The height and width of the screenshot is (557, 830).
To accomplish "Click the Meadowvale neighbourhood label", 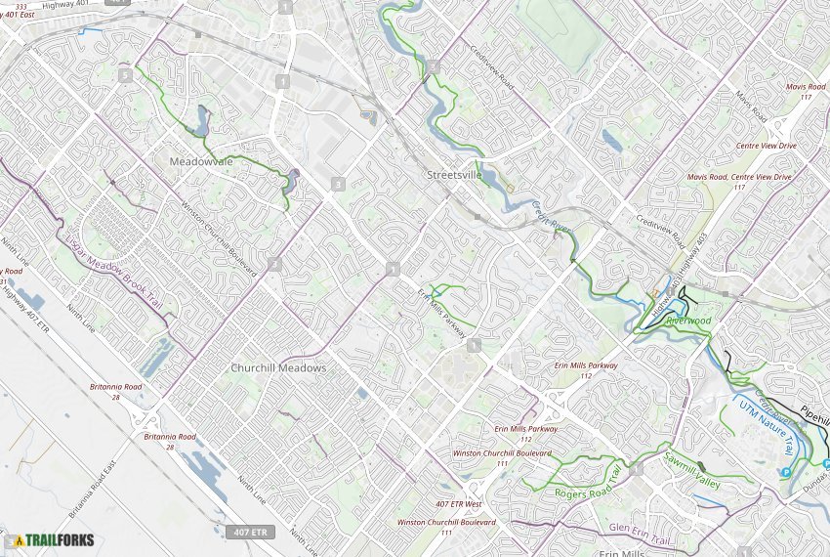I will pos(202,161).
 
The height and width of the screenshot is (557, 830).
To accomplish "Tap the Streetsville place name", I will pos(455,176).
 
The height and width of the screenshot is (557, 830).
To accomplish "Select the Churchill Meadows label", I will pos(278,368).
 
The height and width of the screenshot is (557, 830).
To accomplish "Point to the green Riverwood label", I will pos(688,321).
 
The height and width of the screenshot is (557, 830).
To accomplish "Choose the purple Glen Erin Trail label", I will pos(642,529).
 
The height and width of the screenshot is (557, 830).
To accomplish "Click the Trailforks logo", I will pos(55,539).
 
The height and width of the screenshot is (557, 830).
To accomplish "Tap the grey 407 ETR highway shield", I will pos(249,533).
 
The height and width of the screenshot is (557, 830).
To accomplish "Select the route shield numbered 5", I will pos(125,75).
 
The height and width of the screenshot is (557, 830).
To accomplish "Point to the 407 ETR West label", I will pos(460,503).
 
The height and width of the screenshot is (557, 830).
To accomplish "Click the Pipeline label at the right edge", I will pos(813,412).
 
